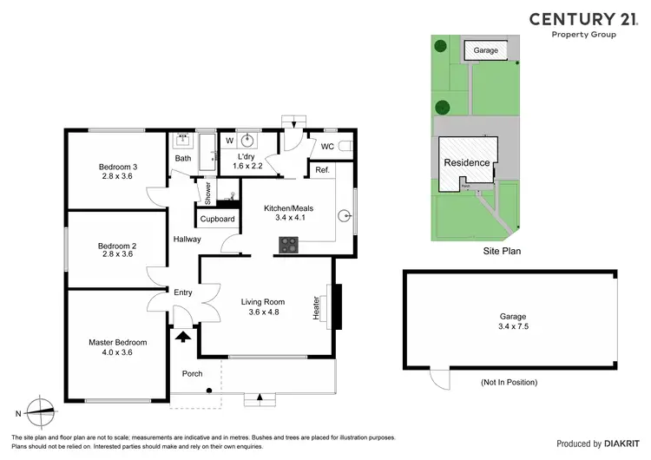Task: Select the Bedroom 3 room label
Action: point(116,171)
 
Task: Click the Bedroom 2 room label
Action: point(116,251)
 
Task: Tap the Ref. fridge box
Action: point(320,170)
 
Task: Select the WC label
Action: point(326,147)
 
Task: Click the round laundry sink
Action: point(248,139)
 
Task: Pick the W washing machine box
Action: point(229,139)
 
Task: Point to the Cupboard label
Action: point(217,220)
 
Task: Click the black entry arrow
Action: point(183,336)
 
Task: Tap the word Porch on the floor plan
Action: point(191,374)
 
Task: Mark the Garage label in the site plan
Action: point(485,51)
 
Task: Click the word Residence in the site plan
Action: point(466,163)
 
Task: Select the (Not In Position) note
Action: point(509,383)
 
